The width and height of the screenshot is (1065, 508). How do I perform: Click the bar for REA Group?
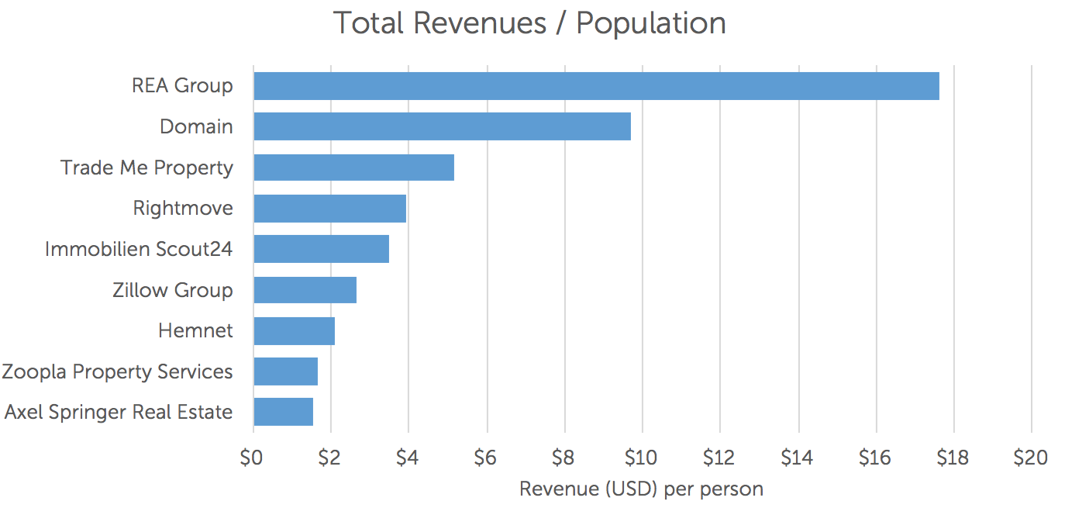tap(596, 86)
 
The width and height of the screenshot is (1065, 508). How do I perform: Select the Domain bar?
tap(442, 126)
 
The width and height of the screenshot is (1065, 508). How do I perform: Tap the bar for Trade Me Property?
tap(353, 168)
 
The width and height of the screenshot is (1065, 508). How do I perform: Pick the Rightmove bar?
tap(329, 209)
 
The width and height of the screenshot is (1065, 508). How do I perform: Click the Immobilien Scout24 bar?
tap(321, 249)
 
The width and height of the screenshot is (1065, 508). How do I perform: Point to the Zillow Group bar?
tap(305, 290)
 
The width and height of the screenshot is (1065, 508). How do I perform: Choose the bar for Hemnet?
tap(294, 331)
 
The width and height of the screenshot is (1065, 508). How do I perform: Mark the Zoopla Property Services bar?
tap(285, 371)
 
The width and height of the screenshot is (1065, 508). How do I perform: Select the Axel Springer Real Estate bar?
tap(283, 412)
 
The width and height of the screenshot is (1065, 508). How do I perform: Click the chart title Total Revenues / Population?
tap(529, 23)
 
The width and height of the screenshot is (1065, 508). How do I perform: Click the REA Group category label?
tap(182, 86)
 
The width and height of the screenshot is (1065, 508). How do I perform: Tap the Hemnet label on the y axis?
tap(195, 331)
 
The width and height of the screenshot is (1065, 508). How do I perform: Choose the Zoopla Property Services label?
tap(117, 371)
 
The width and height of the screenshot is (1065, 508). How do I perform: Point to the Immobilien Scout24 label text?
tap(139, 249)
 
